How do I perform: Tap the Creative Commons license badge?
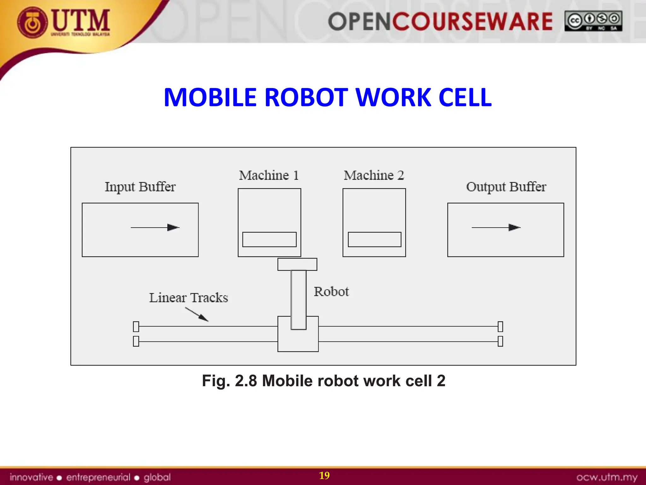pos(593,21)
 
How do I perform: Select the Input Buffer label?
pos(140,187)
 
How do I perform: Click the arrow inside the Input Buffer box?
pos(155,227)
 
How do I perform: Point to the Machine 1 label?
pos(269,175)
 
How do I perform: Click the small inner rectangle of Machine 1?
pos(269,239)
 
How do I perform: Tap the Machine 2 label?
pos(374,175)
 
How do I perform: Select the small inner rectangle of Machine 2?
pos(374,239)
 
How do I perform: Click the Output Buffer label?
pos(506,187)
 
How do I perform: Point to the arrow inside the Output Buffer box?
pos(496,227)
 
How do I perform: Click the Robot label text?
pos(331,292)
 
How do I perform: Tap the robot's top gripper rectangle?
pos(297,264)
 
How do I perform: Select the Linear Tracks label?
pos(188,298)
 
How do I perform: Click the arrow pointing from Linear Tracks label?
pos(197,314)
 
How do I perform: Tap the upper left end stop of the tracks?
pos(136,326)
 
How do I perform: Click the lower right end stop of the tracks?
pos(500,341)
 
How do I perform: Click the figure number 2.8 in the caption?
pos(246,381)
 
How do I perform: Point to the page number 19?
pos(324,476)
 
